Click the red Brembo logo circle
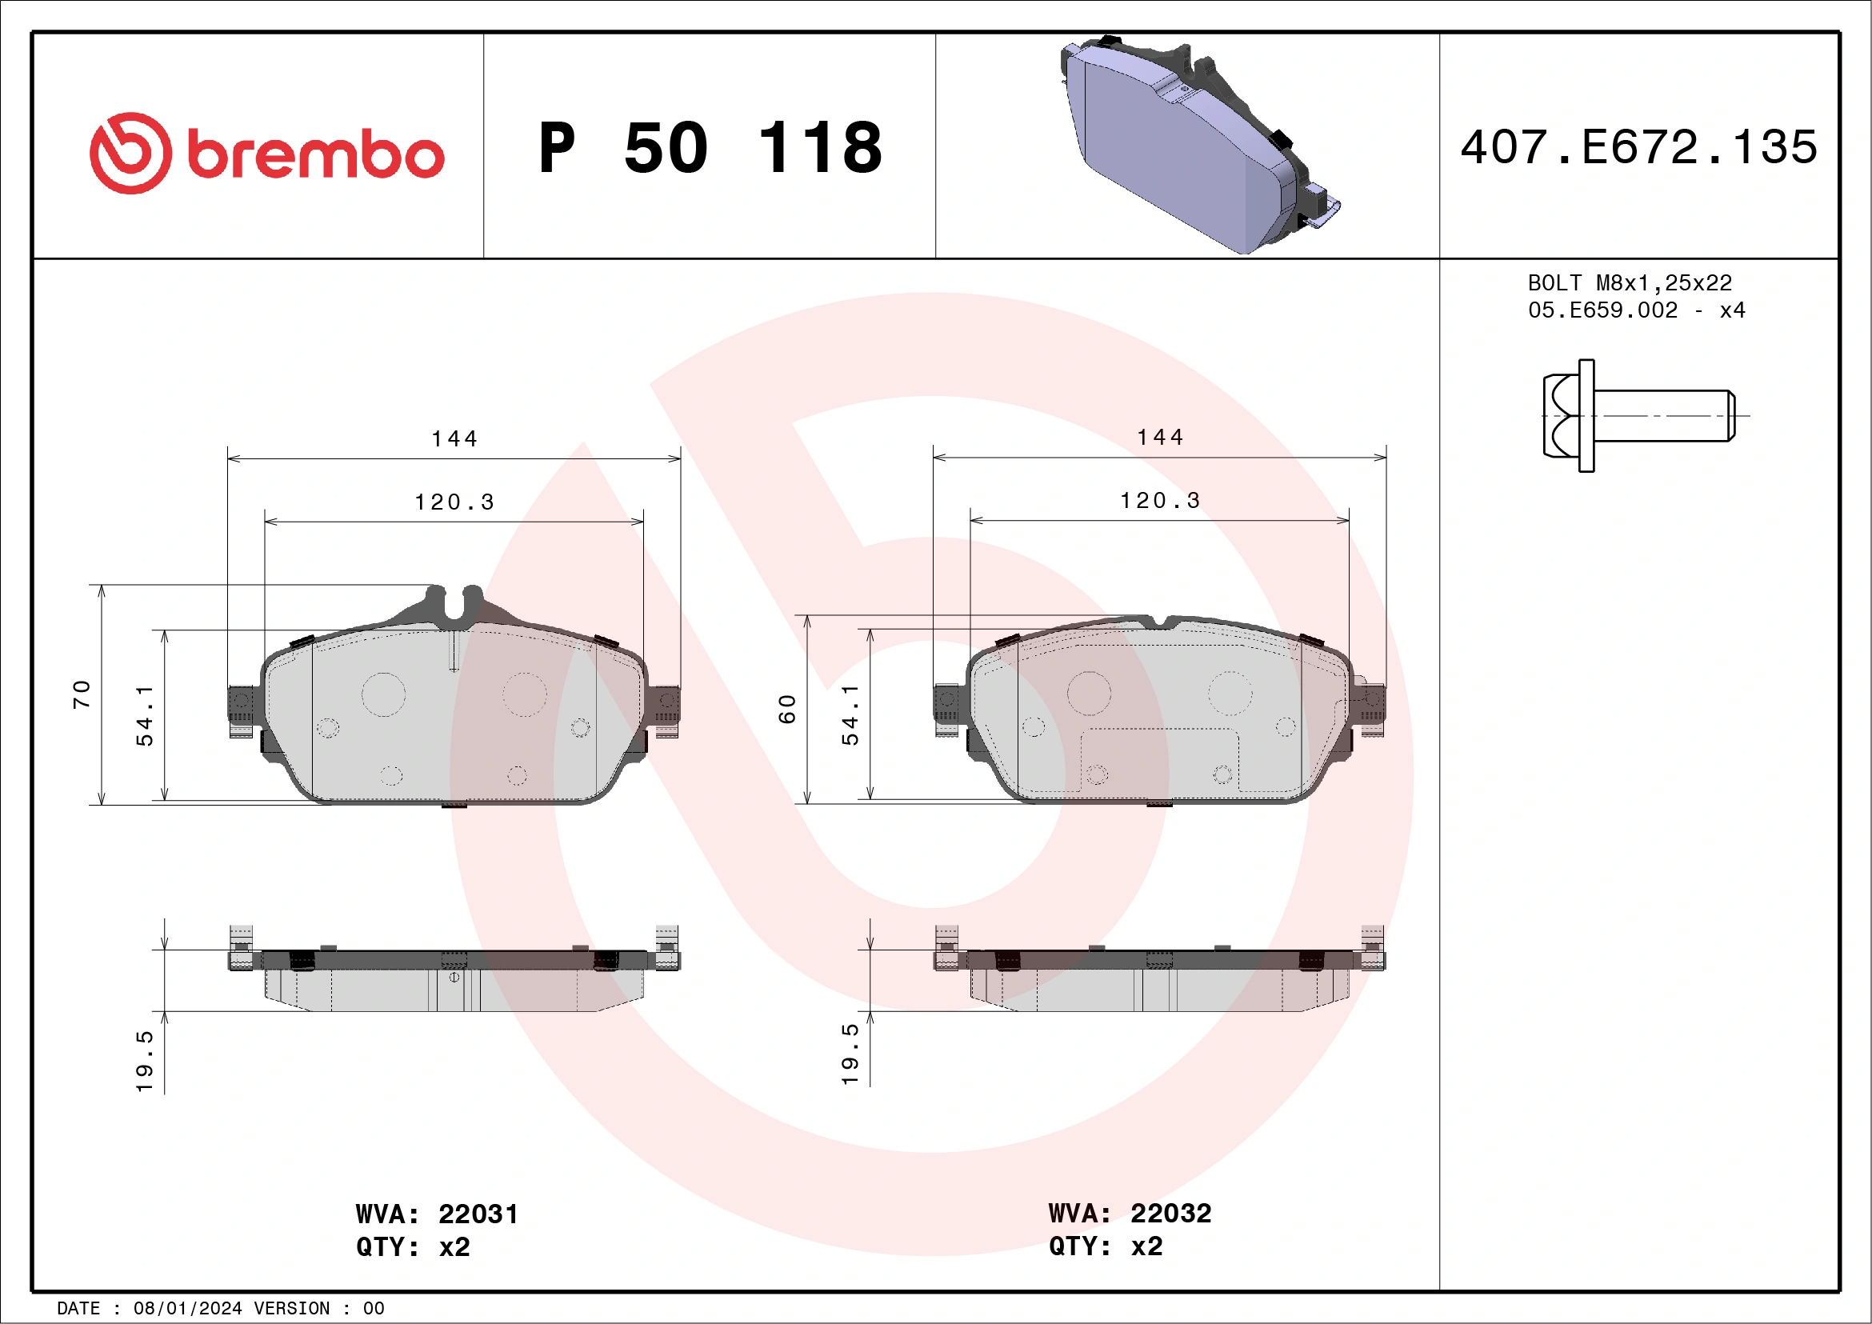click(130, 154)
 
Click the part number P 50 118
click(710, 148)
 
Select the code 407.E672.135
click(1639, 147)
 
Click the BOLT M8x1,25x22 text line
click(1629, 283)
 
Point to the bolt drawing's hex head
click(1561, 416)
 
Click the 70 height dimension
click(82, 694)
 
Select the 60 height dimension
click(786, 709)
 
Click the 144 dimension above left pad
click(454, 439)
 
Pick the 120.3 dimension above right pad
click(1159, 501)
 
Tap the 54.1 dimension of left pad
click(144, 715)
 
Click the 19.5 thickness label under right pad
click(850, 1054)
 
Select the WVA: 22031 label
click(437, 1214)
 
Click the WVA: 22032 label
click(1130, 1213)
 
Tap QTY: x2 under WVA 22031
click(413, 1246)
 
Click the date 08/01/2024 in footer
click(187, 1308)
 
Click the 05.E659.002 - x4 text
click(1635, 310)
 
